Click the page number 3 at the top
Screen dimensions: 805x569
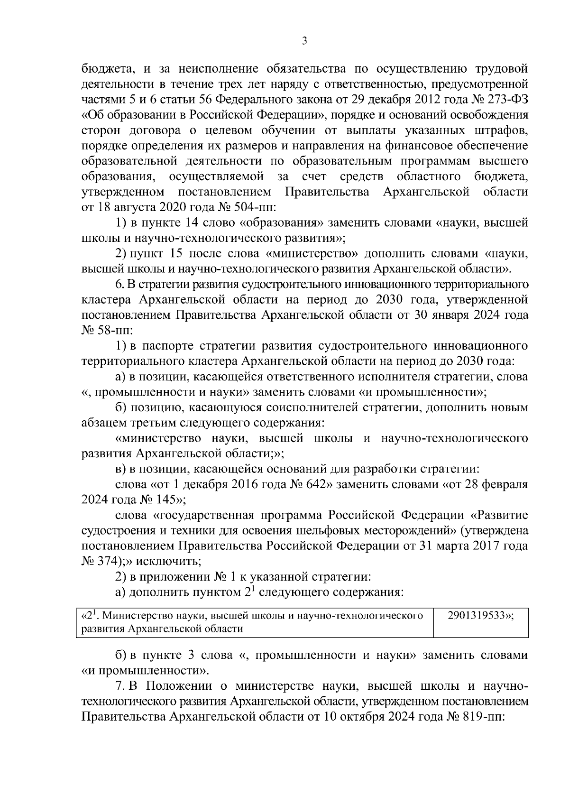(x=304, y=41)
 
